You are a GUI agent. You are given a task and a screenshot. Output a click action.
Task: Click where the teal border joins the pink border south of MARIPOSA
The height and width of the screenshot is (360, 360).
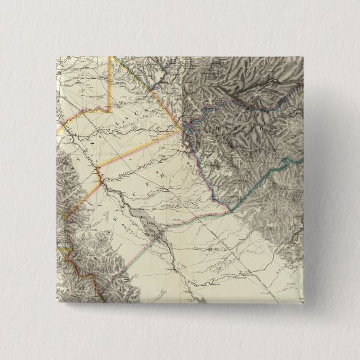pyautogui.click(x=232, y=209)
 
